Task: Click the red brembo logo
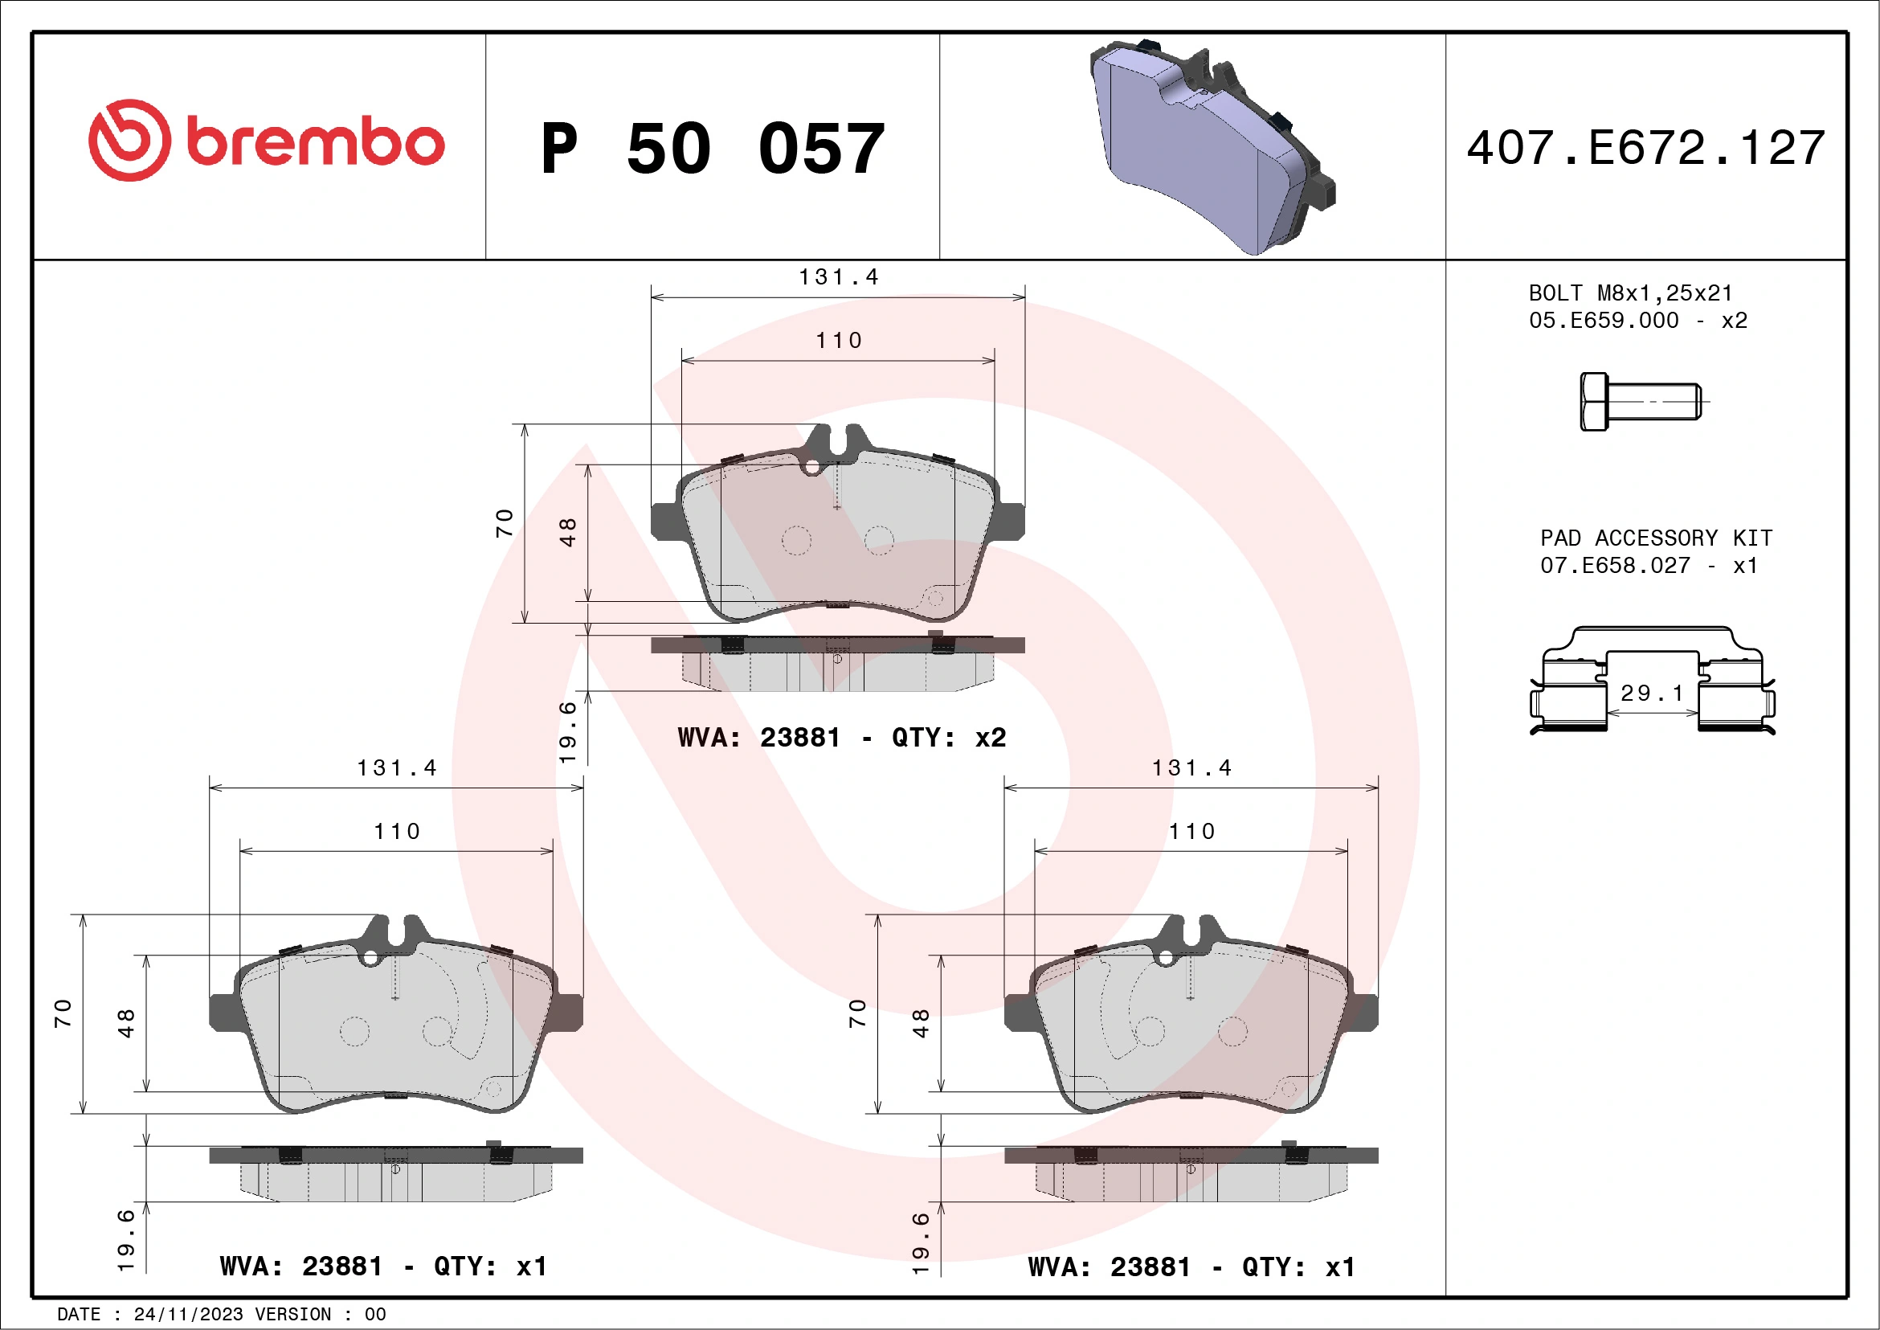pyautogui.click(x=266, y=141)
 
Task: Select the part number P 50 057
pyautogui.click(x=713, y=149)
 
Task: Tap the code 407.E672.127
pyautogui.click(x=1646, y=148)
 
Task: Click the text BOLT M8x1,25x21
pyautogui.click(x=1629, y=293)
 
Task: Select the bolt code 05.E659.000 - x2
pyautogui.click(x=1637, y=320)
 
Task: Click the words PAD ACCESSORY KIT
pyautogui.click(x=1656, y=538)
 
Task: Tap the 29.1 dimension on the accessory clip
pyautogui.click(x=1652, y=694)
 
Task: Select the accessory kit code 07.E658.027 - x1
pyautogui.click(x=1649, y=566)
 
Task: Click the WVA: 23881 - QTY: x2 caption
pyautogui.click(x=841, y=738)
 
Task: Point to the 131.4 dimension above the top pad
pyautogui.click(x=838, y=277)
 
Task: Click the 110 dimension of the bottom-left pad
pyautogui.click(x=396, y=832)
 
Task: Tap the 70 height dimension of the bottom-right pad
pyautogui.click(x=856, y=1014)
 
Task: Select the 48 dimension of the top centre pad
pyautogui.click(x=568, y=532)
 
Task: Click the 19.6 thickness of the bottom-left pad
pyautogui.click(x=125, y=1240)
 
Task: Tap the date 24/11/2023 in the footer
pyautogui.click(x=188, y=1314)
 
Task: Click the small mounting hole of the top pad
pyautogui.click(x=812, y=467)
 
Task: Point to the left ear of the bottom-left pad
pyautogui.click(x=223, y=1013)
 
